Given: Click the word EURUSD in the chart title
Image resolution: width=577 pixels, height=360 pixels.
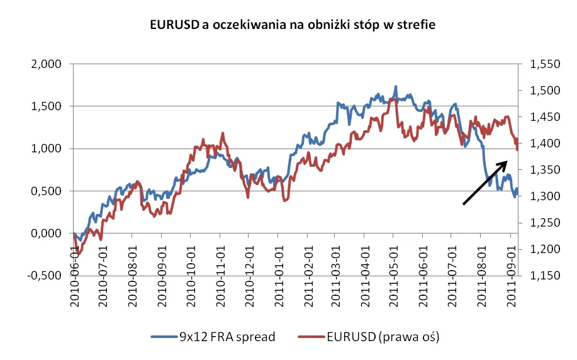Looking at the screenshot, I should (x=172, y=26).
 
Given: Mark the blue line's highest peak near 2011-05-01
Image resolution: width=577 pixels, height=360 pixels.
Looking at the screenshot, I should (x=396, y=86).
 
